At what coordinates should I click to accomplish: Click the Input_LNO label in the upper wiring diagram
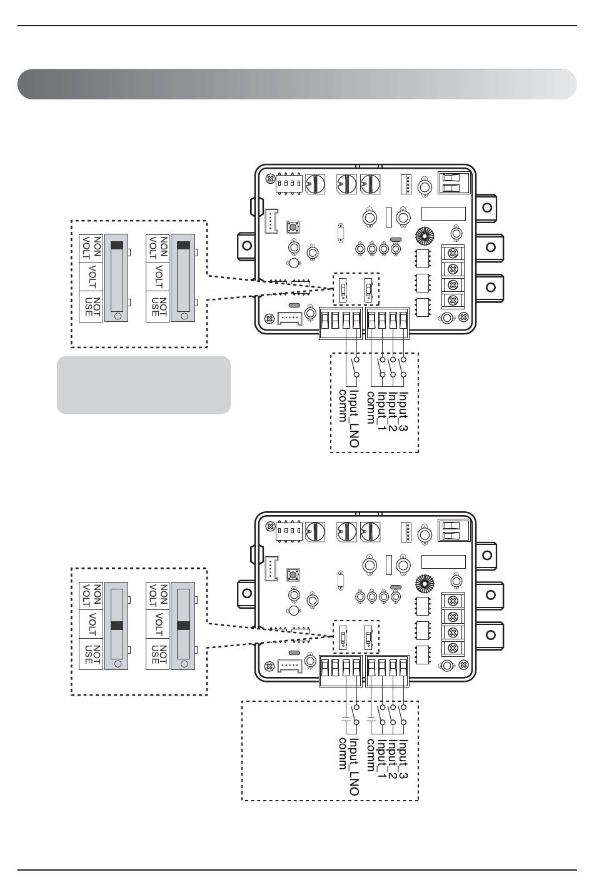click(354, 419)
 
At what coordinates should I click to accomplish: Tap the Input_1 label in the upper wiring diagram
click(382, 411)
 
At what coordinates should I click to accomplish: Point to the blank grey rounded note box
click(144, 385)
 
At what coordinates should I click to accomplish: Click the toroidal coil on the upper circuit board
click(425, 236)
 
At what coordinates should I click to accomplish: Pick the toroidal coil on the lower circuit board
click(425, 584)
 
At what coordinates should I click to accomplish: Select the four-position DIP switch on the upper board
click(289, 184)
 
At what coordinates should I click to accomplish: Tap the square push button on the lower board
click(293, 575)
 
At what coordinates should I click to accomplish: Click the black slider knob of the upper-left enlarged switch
click(117, 246)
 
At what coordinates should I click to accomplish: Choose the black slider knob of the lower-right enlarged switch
click(183, 626)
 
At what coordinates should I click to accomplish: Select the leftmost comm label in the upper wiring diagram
click(343, 406)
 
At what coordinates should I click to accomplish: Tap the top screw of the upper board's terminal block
click(453, 253)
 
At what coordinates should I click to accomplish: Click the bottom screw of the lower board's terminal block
click(453, 647)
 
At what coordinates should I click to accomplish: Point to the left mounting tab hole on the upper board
click(247, 245)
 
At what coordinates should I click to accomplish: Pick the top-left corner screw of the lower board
click(271, 527)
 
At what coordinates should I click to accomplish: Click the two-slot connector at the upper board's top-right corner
click(454, 183)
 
